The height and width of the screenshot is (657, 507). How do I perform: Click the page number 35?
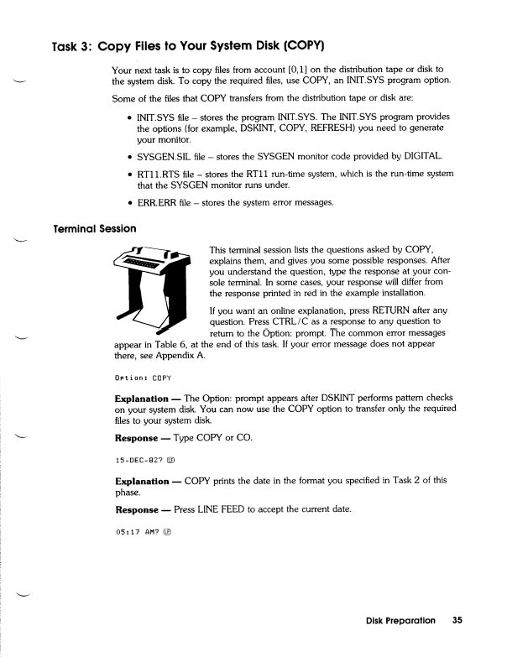tap(457, 621)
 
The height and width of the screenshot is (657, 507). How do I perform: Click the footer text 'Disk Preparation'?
tap(400, 621)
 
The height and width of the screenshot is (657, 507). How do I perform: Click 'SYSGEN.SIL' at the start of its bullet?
tap(164, 156)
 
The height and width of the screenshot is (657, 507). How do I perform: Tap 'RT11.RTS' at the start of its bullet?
tap(159, 174)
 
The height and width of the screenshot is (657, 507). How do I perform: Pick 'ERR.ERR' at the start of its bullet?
tap(155, 202)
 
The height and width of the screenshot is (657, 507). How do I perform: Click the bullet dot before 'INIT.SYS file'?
tap(128, 117)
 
